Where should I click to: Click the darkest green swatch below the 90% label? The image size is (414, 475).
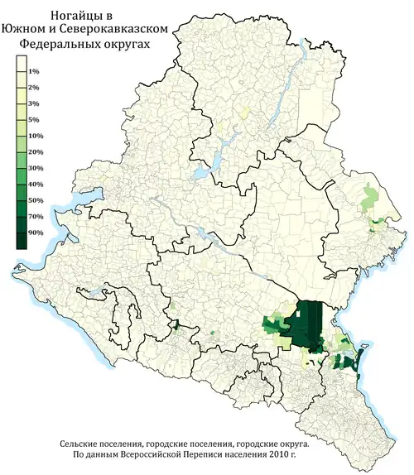(20, 241)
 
